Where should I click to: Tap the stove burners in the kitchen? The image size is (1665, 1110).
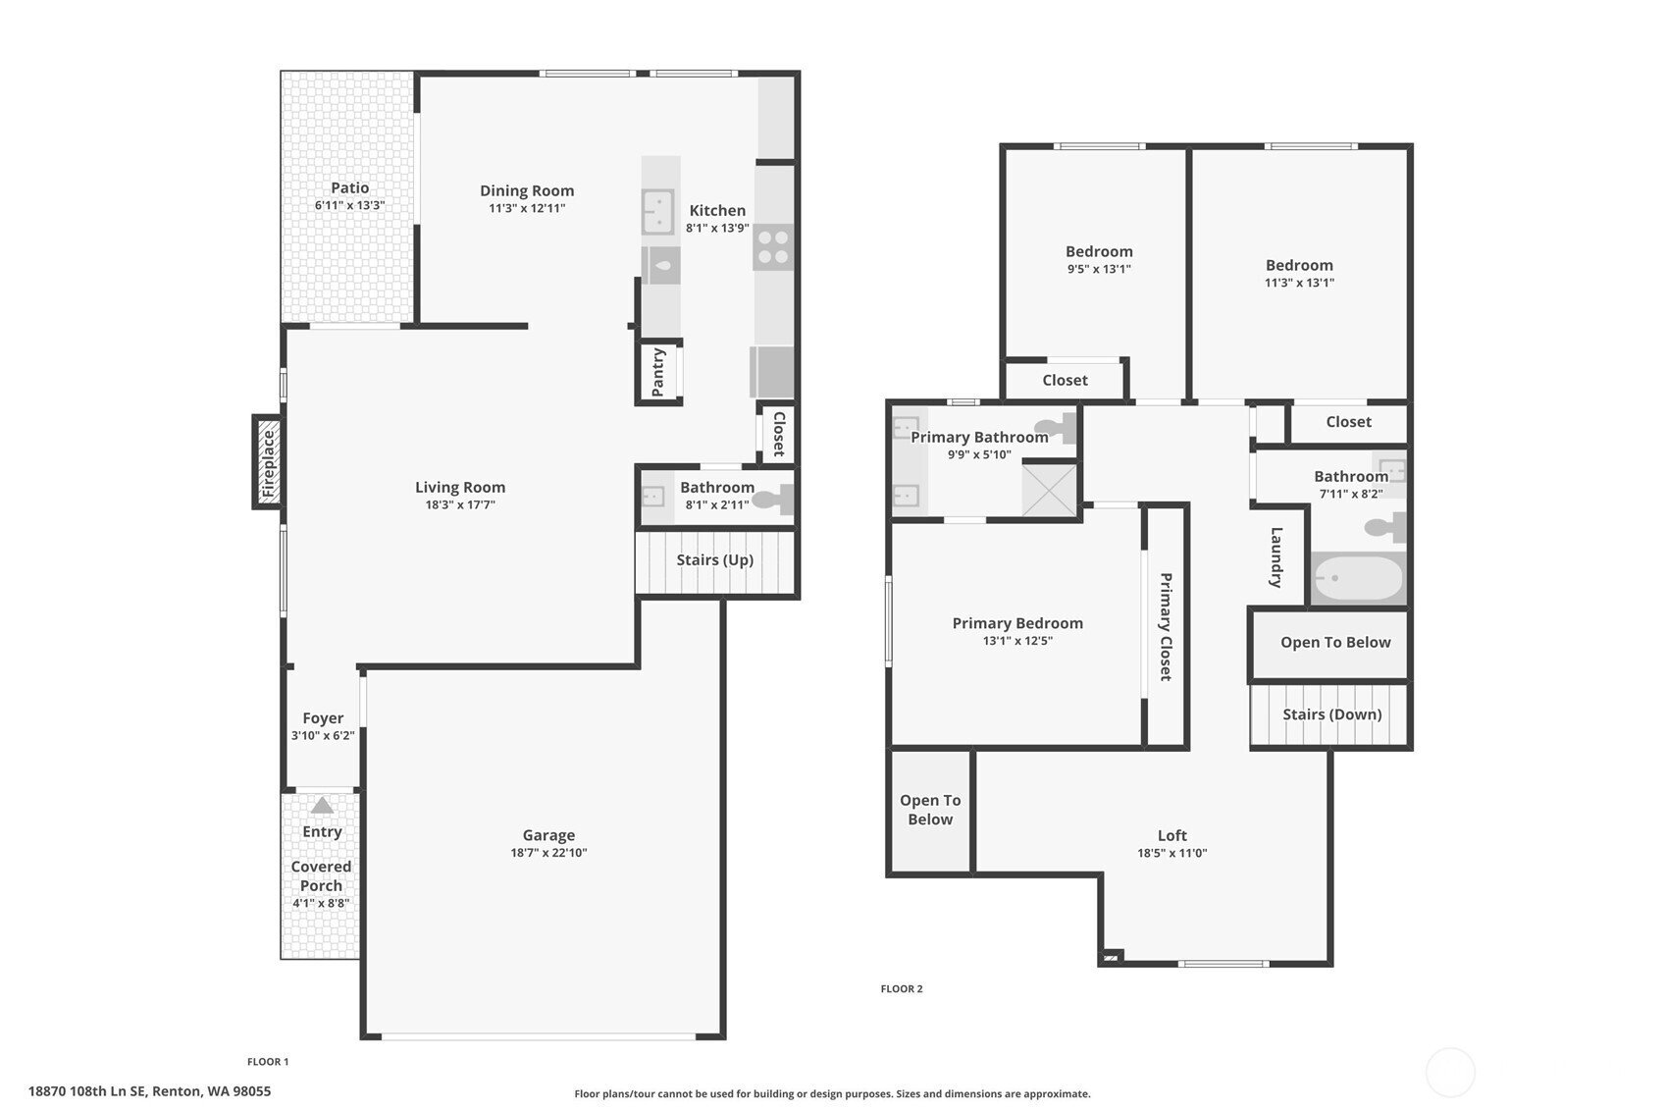(773, 247)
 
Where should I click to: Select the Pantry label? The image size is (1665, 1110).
(657, 373)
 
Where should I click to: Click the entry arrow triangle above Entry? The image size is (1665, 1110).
(322, 805)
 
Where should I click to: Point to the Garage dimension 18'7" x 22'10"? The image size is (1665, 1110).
(548, 853)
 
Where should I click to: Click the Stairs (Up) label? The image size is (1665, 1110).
(715, 559)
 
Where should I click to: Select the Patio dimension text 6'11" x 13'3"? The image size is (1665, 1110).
(349, 205)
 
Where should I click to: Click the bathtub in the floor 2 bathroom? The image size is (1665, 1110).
(1358, 578)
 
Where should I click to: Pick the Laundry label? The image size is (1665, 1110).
(1276, 557)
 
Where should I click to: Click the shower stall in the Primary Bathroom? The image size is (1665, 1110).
(1050, 489)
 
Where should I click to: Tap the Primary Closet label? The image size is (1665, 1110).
(1166, 627)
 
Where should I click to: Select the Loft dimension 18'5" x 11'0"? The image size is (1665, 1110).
(1172, 854)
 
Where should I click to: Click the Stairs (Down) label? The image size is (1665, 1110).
(1332, 714)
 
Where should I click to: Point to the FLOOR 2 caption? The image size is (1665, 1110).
(902, 989)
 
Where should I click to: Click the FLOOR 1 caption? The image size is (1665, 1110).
(268, 1062)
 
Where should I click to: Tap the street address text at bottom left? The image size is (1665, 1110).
(149, 1091)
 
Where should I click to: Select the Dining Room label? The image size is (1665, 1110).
(527, 190)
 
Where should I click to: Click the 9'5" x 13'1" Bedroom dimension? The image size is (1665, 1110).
(1099, 269)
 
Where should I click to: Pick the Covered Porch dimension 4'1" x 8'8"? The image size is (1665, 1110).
(321, 903)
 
